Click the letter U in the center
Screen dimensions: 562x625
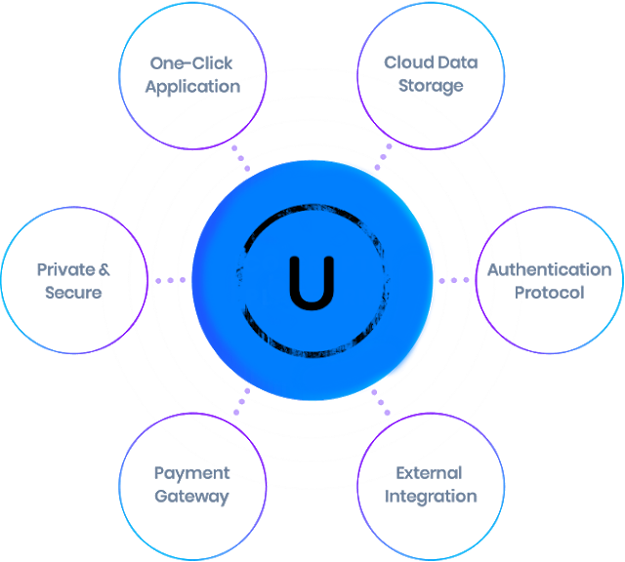[312, 280]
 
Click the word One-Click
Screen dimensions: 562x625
[191, 63]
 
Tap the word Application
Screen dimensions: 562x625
[192, 86]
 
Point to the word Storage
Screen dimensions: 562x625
[431, 86]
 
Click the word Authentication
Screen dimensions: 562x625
[549, 269]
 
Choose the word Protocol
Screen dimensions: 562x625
[549, 292]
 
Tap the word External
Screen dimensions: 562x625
[429, 473]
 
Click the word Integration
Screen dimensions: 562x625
[431, 496]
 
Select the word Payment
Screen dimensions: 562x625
[191, 473]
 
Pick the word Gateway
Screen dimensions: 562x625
[191, 496]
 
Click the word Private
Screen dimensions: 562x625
[65, 269]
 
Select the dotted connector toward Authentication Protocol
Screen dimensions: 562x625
[453, 281]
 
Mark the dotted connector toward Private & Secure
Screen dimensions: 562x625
[170, 281]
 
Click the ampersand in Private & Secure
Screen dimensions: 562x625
[104, 269]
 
